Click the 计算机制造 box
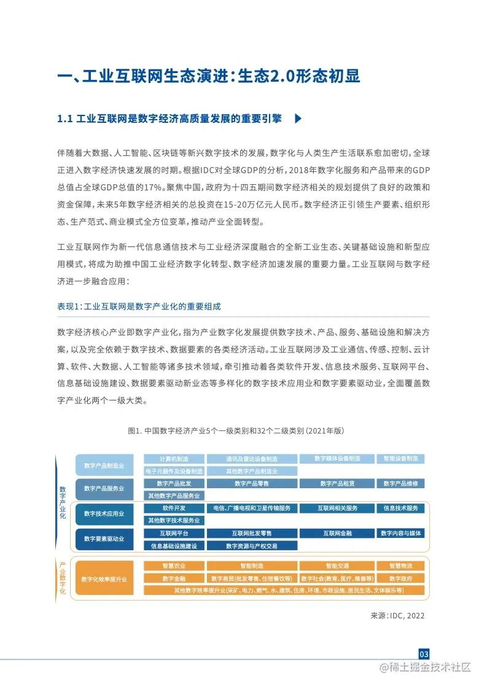[x=174, y=459]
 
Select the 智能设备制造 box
[x=400, y=459]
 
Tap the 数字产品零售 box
[x=252, y=483]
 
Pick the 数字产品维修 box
[x=400, y=483]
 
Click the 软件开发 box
[x=174, y=508]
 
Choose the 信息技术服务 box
[x=400, y=508]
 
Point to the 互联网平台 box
[x=174, y=533]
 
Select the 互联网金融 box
[x=337, y=533]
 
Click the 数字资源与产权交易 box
[x=252, y=545]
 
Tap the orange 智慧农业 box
[x=174, y=566]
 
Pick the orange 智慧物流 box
[x=400, y=566]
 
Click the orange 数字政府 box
[x=400, y=578]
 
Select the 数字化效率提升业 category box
[x=104, y=578]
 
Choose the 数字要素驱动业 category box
[x=104, y=539]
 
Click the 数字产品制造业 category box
[x=104, y=465]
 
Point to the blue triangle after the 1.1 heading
[x=298, y=119]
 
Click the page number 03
[x=424, y=653]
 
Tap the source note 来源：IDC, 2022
[x=397, y=615]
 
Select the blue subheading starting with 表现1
[x=138, y=306]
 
